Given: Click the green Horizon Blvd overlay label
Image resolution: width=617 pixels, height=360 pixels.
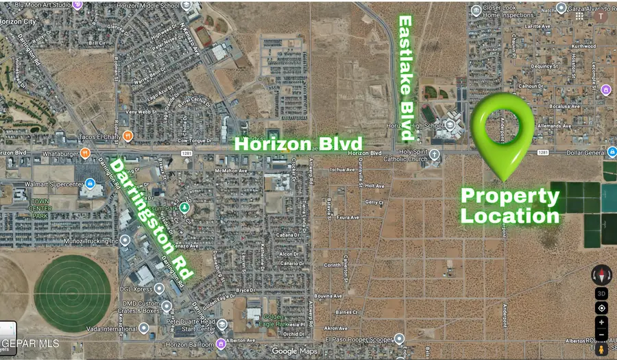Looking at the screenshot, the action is [298, 145].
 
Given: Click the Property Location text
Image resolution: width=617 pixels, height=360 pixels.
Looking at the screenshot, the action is [509, 206].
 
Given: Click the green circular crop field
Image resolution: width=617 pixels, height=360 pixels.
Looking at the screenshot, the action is [72, 292].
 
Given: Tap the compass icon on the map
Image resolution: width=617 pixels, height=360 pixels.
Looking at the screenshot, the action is [601, 275].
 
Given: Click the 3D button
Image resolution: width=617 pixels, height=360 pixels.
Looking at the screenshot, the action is [601, 293].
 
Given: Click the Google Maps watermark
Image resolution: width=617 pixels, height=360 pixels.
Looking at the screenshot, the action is [294, 351].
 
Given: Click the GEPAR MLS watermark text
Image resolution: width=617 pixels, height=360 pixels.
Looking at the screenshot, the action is [30, 344].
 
